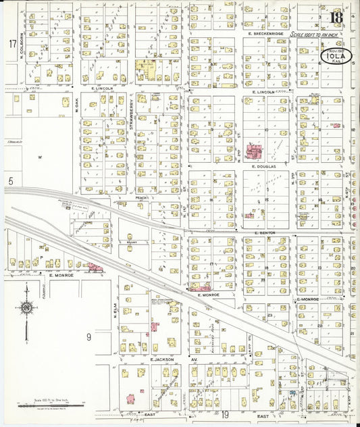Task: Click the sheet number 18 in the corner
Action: point(336,17)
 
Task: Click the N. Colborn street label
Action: point(22,45)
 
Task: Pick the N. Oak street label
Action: point(77,105)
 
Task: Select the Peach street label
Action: point(141,198)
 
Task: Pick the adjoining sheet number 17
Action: point(12,44)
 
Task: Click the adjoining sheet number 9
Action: point(88,336)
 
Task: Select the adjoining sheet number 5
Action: point(11,181)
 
